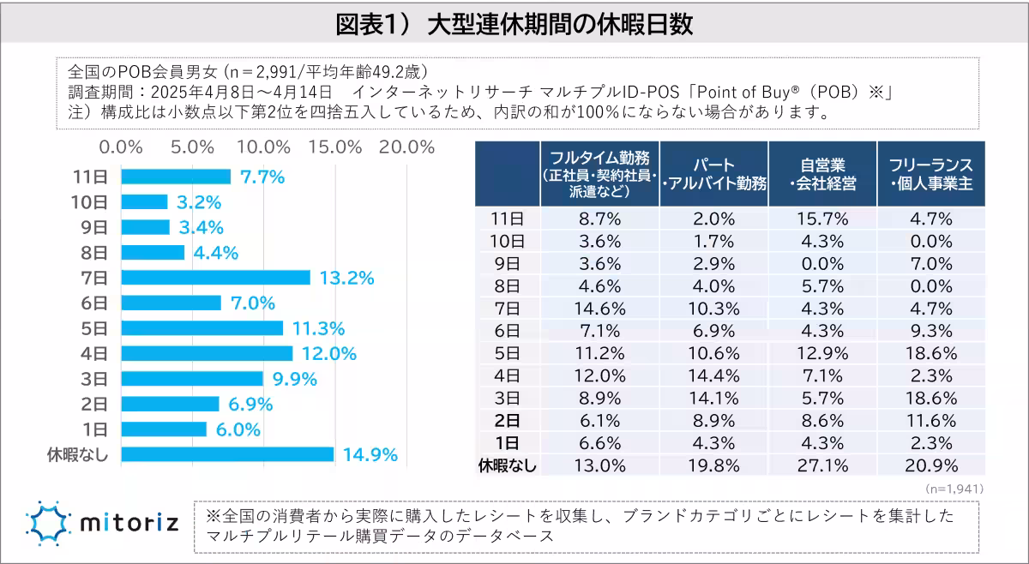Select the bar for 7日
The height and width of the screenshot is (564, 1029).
coord(215,278)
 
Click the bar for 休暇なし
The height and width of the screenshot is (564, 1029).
coord(227,454)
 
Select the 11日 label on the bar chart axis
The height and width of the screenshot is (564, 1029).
coord(91,177)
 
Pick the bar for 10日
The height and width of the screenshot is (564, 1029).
coord(144,202)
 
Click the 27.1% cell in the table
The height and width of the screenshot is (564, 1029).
coord(823,465)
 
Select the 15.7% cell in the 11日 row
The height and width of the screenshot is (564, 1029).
coord(823,219)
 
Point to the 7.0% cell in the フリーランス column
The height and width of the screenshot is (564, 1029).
coord(930,263)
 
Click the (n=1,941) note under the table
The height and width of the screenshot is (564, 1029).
coord(954,488)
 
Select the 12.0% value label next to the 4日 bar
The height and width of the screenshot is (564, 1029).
coord(327,353)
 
